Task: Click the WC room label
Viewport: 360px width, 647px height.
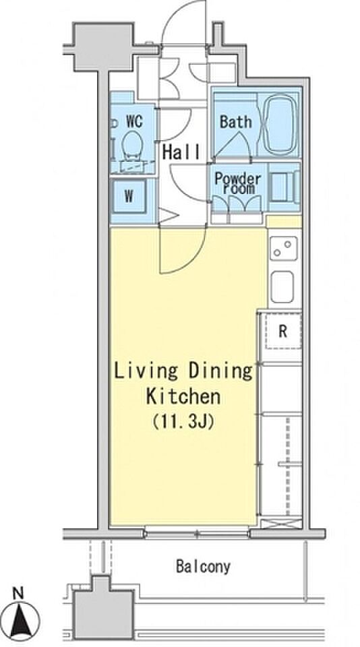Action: click(x=134, y=121)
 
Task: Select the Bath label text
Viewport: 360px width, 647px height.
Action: click(x=235, y=122)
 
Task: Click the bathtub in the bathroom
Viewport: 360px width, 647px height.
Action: click(x=280, y=125)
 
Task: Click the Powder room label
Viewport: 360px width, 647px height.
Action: click(x=238, y=183)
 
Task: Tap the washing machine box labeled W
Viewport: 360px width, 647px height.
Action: click(x=129, y=196)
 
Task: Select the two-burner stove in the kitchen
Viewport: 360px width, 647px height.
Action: click(x=284, y=249)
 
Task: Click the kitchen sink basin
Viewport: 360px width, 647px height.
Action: click(x=282, y=287)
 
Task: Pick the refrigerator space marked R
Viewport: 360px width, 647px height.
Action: click(x=282, y=331)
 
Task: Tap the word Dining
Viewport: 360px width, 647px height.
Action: click(x=220, y=372)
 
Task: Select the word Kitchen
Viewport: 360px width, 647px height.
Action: click(x=183, y=396)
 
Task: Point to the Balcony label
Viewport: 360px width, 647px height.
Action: click(x=203, y=567)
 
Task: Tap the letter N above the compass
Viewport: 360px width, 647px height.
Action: click(x=18, y=594)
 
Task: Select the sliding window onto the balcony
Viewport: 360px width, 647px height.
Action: click(x=198, y=534)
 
